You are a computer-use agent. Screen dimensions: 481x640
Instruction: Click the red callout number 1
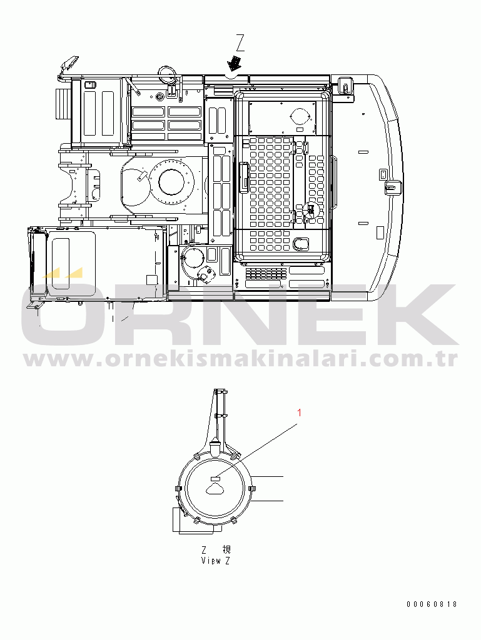click(300, 412)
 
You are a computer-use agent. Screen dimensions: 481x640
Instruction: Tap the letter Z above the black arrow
click(240, 43)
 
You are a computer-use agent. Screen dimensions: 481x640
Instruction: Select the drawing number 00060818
click(432, 604)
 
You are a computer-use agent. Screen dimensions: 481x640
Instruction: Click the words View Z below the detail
click(216, 561)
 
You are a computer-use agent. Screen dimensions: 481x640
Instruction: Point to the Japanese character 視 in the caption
click(226, 549)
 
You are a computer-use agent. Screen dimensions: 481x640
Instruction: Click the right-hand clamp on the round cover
click(251, 489)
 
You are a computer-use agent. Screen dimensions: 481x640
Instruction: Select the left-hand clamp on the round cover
click(178, 489)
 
